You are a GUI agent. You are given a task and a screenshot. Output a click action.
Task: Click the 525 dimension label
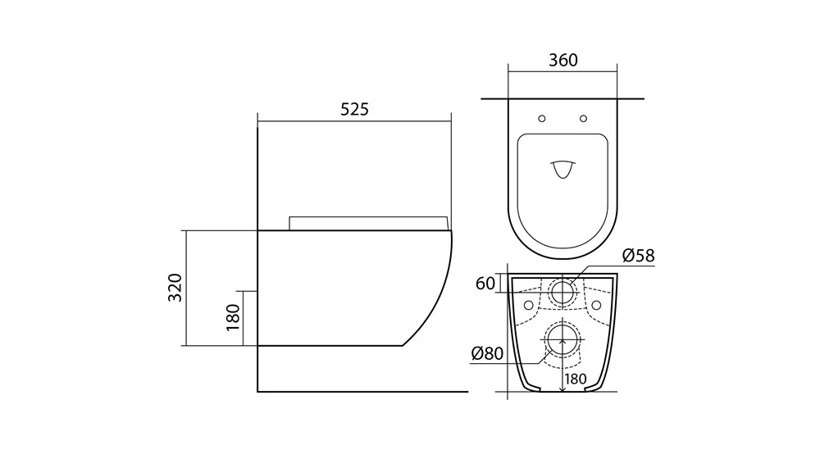point(354,109)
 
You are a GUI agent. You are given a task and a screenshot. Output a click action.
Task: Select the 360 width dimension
point(563,61)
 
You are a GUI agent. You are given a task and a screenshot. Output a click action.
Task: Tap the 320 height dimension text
point(175,288)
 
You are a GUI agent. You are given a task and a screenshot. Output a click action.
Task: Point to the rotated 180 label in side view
point(232,316)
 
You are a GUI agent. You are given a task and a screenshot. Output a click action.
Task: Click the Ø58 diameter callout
point(639,256)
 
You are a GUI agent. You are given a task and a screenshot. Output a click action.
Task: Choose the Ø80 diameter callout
point(487,354)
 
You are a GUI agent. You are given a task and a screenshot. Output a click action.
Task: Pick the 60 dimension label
point(485,284)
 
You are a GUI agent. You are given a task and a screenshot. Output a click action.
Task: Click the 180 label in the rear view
point(576,379)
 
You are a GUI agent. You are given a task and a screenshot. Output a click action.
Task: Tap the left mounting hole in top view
point(542,119)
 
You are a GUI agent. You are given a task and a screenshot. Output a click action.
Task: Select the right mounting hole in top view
point(583,119)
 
